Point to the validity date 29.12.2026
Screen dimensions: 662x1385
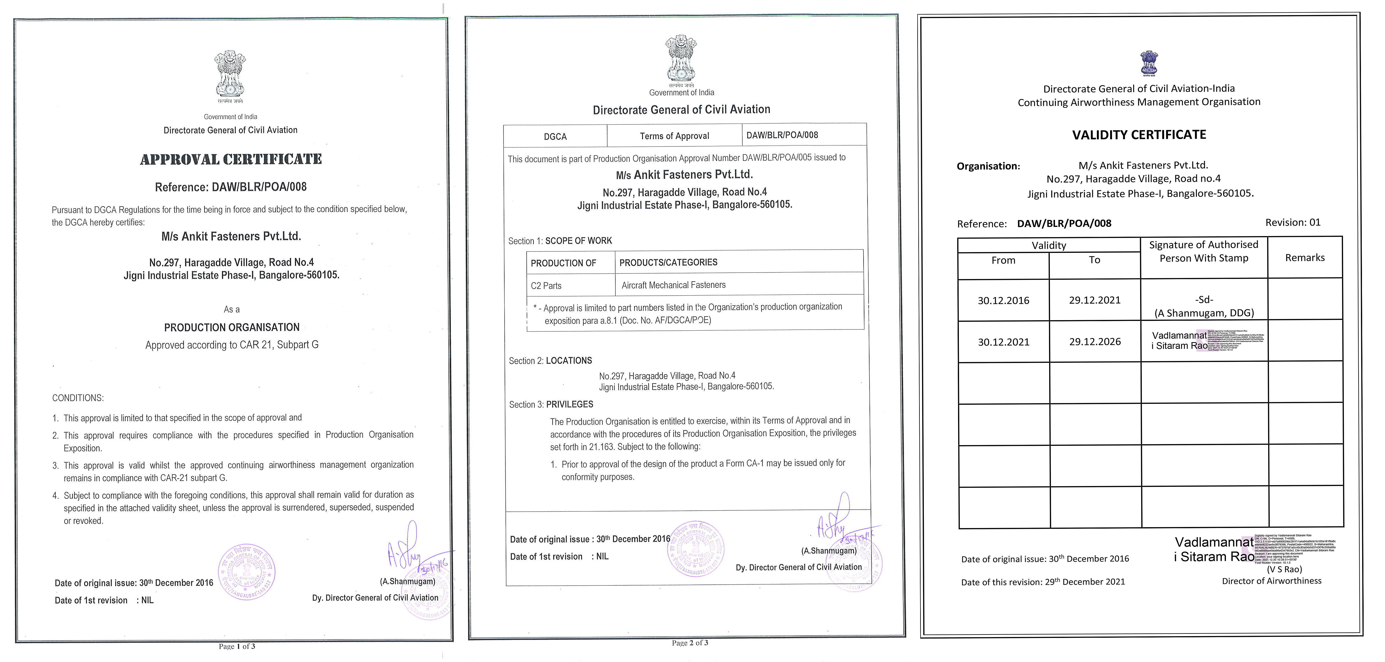pos(1095,341)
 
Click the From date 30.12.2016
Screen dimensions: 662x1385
pos(1003,301)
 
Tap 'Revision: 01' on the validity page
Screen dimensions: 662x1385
pos(1293,222)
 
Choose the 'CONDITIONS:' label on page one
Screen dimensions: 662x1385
pos(78,398)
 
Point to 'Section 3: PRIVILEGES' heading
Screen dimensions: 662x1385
pos(551,404)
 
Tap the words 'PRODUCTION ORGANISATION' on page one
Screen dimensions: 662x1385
pos(232,328)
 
